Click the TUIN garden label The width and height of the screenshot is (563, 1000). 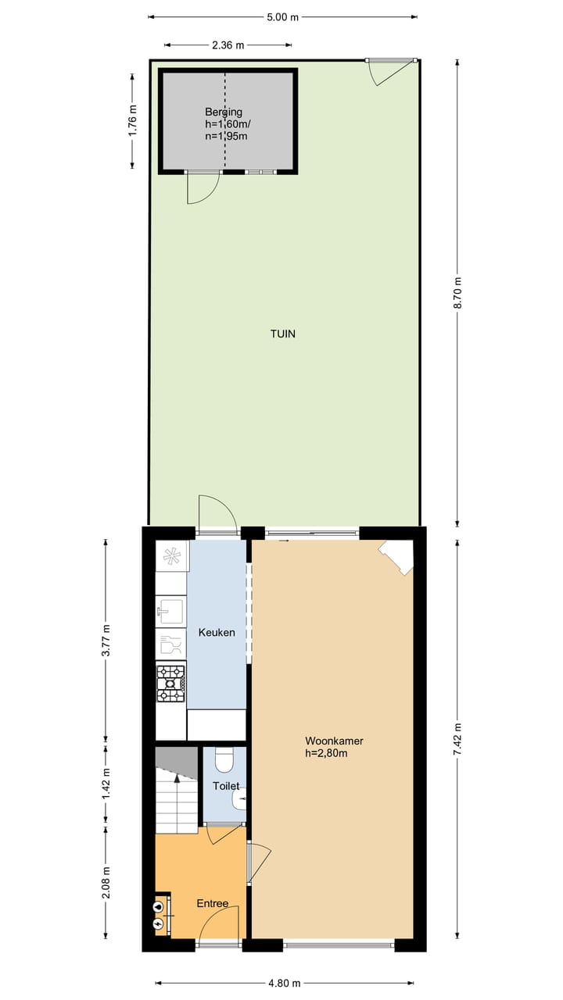[x=283, y=334]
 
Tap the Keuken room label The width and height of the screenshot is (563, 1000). [x=217, y=632]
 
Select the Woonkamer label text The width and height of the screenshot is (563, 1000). [x=334, y=741]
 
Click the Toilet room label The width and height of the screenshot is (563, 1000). [x=226, y=787]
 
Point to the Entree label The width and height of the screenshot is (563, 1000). [x=213, y=904]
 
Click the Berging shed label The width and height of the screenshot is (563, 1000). [x=224, y=112]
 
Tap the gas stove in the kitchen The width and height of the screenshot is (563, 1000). [x=171, y=684]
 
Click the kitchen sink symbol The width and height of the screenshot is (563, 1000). [x=170, y=610]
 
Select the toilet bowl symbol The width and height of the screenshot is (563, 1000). [x=224, y=759]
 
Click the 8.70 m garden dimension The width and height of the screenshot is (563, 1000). [x=459, y=294]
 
